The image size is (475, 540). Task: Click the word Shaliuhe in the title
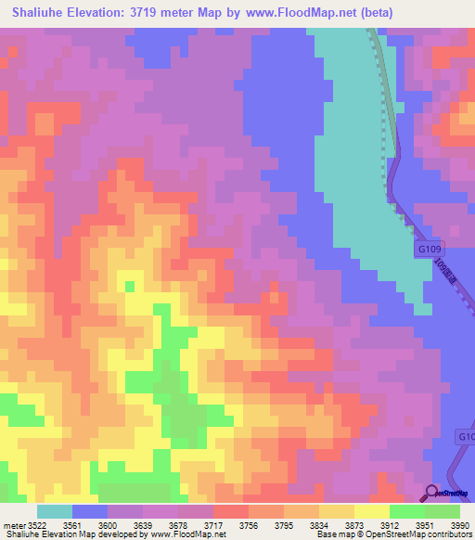(x=42, y=13)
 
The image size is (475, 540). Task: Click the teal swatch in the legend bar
(x=54, y=511)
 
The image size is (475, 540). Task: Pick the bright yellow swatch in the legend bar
(x=372, y=511)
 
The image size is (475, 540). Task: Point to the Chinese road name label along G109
(x=446, y=273)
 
